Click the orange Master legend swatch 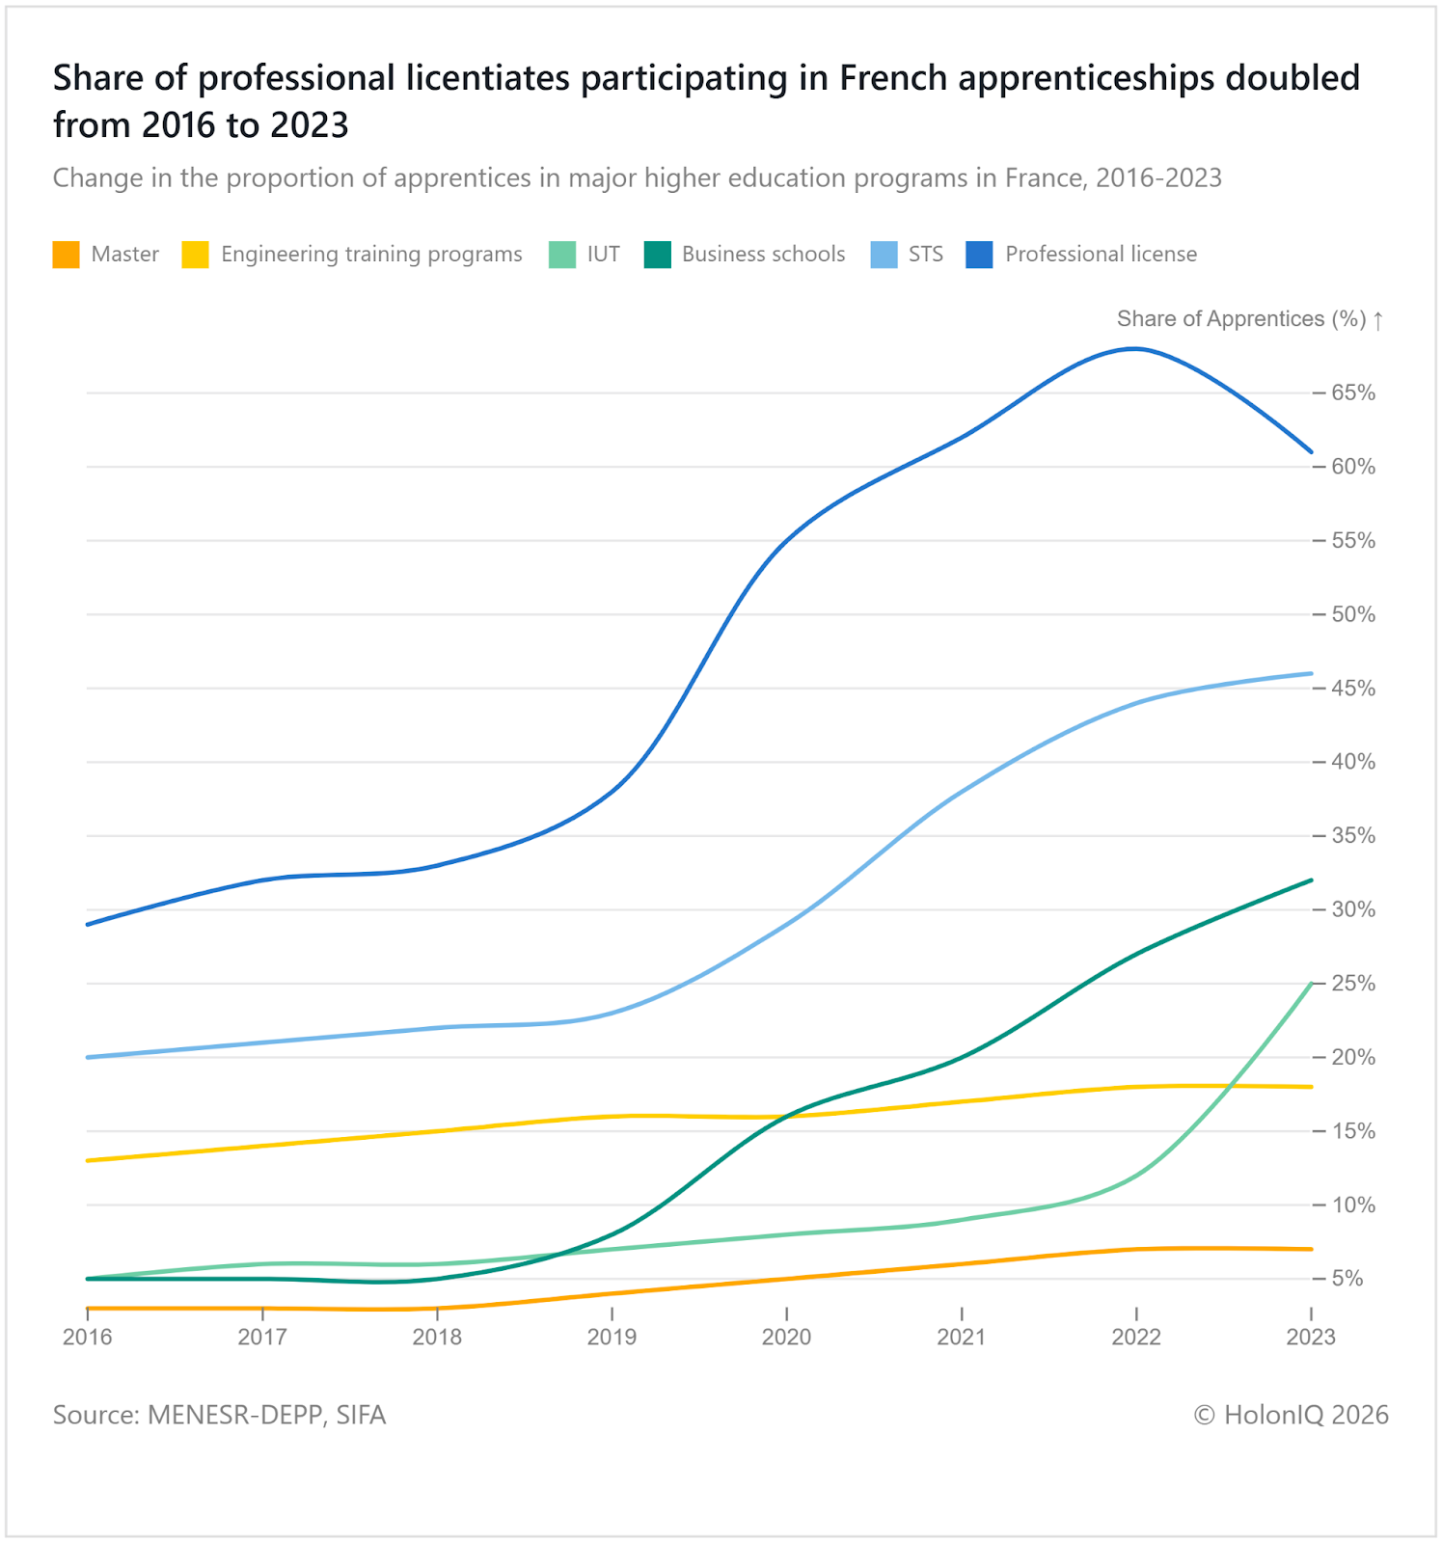66,255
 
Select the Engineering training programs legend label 371,255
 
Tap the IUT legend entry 603,255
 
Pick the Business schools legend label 763,255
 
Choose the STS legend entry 925,255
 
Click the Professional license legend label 1101,255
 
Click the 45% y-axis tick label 1352,689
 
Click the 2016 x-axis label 88,1337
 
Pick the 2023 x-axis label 1311,1337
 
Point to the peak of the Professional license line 1134,349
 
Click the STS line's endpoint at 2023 1311,673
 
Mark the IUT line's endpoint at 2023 1311,984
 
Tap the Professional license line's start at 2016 88,924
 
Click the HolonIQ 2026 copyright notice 1291,1415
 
